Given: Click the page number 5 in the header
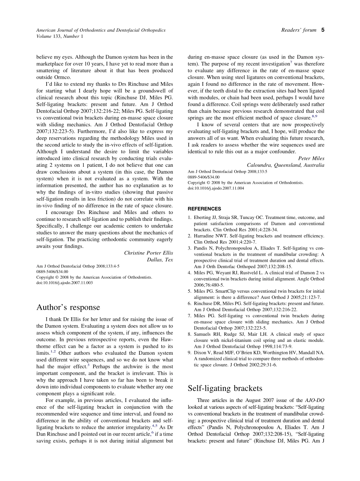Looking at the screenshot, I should pyautogui.click(x=322, y=30).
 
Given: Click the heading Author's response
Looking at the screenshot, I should pyautogui.click(x=68, y=307).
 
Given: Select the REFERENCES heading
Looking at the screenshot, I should pyautogui.click(x=204, y=209).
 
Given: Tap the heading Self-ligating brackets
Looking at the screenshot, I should pyautogui.click(x=225, y=388).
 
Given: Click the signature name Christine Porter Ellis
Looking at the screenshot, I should pyautogui.click(x=149, y=253).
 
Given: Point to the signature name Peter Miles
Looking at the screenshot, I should pyautogui.click(x=311, y=158).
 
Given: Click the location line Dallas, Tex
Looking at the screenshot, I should pyautogui.click(x=160, y=260).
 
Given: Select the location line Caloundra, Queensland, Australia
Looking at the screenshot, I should pyautogui.click(x=285, y=165).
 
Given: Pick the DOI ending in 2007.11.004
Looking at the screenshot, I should pyautogui.click(x=216, y=188).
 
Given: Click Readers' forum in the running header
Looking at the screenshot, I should pyautogui.click(x=299, y=30).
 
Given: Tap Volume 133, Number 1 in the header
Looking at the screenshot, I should pyautogui.click(x=59, y=36).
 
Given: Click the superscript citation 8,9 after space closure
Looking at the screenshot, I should pyautogui.click(x=315, y=116).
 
